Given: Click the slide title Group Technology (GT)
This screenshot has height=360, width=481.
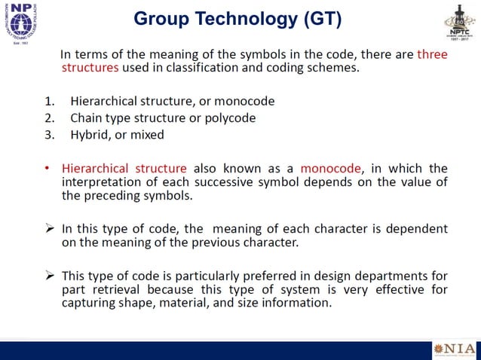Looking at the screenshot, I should pos(237,19).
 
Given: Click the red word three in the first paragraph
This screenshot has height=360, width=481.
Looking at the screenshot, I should pos(432,54).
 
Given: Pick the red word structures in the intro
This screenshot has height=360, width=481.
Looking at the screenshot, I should pos(90,68).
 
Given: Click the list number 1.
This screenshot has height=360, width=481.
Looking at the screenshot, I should pos(49,101).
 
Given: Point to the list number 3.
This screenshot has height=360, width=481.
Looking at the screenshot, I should pos(49,135).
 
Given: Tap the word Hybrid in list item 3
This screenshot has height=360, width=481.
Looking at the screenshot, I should pos(90,135).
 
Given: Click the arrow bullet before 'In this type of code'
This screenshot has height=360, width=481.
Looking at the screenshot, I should pos(48,228).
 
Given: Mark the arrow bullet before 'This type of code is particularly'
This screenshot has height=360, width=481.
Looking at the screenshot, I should pos(48,276).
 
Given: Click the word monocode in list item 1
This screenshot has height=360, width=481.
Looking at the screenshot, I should pos(245,101).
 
